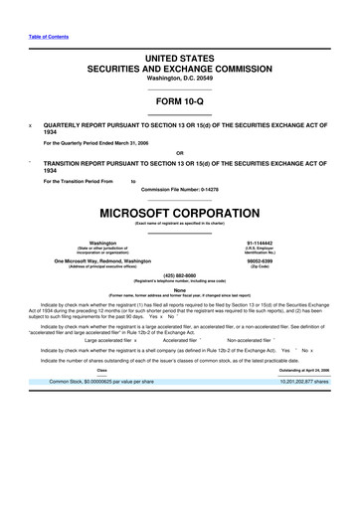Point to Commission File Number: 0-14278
(180, 188)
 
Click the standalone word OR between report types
(180, 152)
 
